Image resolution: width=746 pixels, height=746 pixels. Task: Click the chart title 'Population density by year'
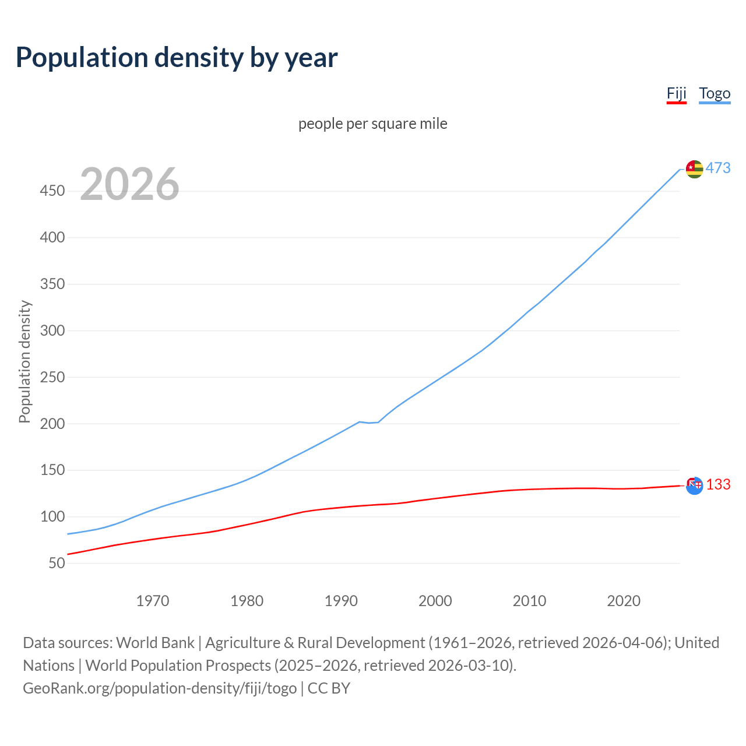[177, 58]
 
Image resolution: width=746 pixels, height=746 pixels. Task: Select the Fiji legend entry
[677, 94]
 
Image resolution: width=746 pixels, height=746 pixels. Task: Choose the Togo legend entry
[715, 94]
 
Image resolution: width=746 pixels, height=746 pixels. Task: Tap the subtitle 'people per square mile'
[372, 124]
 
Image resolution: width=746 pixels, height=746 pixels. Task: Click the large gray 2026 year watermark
[129, 184]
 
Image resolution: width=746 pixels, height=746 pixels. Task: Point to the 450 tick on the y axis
[52, 191]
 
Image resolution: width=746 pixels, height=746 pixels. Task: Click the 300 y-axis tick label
[52, 331]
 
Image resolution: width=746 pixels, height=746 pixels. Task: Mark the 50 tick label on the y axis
[57, 564]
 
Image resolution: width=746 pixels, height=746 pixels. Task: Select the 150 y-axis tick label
[52, 470]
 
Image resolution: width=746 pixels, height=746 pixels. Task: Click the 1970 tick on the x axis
[153, 601]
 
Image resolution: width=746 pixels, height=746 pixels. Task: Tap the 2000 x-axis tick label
[435, 601]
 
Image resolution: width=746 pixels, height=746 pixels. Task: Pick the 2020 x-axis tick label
[624, 601]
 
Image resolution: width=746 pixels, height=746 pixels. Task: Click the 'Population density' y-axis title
[24, 361]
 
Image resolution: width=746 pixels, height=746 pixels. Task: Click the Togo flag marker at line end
[694, 169]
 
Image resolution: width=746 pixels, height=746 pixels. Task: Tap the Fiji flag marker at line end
[694, 485]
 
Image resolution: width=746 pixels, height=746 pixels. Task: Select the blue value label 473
[718, 168]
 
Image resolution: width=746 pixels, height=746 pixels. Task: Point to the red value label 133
[718, 485]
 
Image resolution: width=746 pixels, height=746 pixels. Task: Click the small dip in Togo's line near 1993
[369, 423]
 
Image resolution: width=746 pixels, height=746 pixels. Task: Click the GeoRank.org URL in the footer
[160, 688]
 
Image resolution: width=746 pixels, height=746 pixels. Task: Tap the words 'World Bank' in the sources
[155, 643]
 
